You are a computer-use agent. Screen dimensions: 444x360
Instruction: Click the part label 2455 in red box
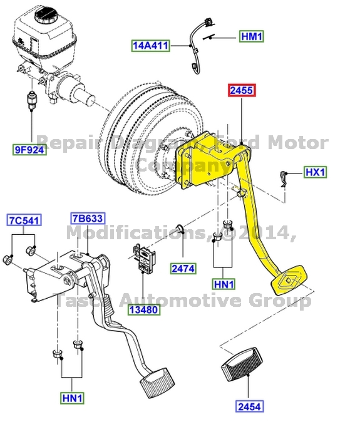tap(241, 90)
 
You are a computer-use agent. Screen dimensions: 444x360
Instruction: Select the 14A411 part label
tap(150, 46)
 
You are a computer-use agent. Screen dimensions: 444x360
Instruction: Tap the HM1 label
tap(252, 37)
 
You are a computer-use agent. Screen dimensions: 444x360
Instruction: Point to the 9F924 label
tap(30, 149)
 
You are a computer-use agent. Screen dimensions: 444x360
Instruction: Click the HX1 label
tap(315, 172)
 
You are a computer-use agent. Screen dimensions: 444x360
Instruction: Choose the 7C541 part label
tap(24, 220)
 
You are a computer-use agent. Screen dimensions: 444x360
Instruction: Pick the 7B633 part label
tap(87, 218)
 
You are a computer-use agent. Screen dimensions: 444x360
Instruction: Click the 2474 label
tap(183, 269)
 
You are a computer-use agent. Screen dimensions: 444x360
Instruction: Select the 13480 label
tap(144, 309)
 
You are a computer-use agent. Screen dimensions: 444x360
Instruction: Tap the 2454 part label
tap(250, 406)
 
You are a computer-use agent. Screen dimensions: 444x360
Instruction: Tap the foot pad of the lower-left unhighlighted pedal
tap(155, 380)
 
